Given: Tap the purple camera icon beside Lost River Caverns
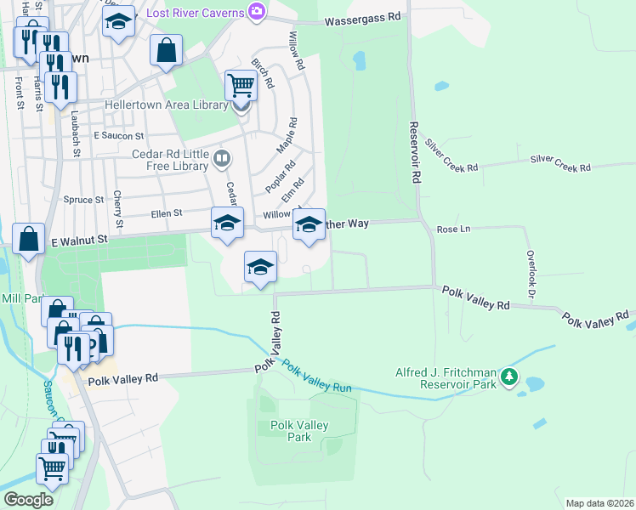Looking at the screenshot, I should (x=255, y=11).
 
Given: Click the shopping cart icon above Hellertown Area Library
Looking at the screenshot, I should (x=241, y=85).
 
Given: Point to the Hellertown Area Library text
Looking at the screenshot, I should (x=166, y=105).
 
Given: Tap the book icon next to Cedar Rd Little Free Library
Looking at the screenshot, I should (x=221, y=157).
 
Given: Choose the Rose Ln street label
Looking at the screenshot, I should (x=453, y=229).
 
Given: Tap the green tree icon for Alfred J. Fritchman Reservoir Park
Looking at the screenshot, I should (x=508, y=376).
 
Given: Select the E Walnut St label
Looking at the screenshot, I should (x=77, y=241).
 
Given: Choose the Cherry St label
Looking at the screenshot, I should (x=118, y=209).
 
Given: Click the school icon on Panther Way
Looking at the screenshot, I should (x=309, y=224).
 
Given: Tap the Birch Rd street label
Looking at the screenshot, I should (x=263, y=74).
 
